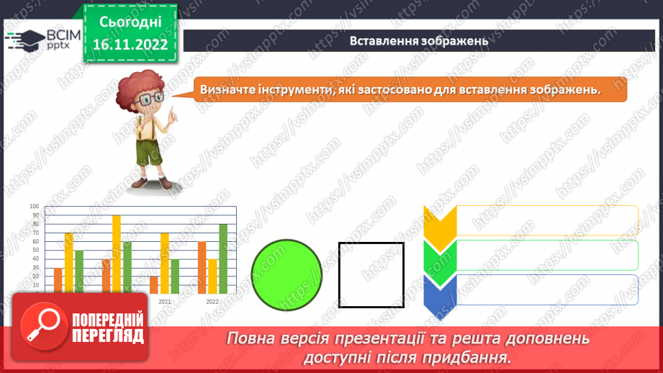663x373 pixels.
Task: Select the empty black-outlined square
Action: point(371,275)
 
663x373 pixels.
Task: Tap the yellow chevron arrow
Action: point(440,223)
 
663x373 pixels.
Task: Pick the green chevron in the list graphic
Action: point(440,257)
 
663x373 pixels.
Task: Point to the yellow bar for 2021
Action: point(165,262)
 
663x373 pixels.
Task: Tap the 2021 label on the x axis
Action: point(165,301)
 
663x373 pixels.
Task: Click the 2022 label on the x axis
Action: point(212,301)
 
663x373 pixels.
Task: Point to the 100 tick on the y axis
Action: point(35,207)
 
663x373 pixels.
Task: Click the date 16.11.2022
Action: point(130,44)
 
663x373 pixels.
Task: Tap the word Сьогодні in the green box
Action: point(130,22)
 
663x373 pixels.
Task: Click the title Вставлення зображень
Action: point(419,41)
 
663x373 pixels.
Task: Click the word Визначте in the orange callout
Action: point(225,89)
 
